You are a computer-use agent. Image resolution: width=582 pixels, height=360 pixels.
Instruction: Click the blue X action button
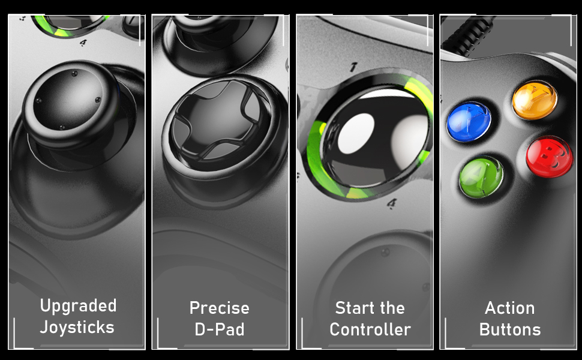tap(469, 121)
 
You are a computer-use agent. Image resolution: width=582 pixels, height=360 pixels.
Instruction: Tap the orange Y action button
tap(535, 100)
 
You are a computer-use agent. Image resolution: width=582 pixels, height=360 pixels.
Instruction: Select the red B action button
tap(550, 156)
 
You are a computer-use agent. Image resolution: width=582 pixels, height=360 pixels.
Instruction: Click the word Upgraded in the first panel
tap(79, 307)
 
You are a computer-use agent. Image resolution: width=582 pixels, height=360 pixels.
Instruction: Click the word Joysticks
tap(77, 328)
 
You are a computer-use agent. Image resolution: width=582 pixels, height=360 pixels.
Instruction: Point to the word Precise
tap(220, 308)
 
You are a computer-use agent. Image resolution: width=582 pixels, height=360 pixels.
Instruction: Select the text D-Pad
tap(220, 329)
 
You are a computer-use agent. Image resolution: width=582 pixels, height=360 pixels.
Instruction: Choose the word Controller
tap(370, 329)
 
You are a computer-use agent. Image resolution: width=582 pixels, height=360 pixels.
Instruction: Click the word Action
tap(509, 308)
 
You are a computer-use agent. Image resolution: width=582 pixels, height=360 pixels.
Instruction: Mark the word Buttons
tap(510, 329)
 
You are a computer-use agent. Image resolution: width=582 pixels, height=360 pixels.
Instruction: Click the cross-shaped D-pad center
tap(219, 119)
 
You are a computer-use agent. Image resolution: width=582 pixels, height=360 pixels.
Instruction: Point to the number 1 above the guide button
tap(353, 67)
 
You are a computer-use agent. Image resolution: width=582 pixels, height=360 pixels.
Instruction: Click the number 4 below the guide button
tap(392, 203)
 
